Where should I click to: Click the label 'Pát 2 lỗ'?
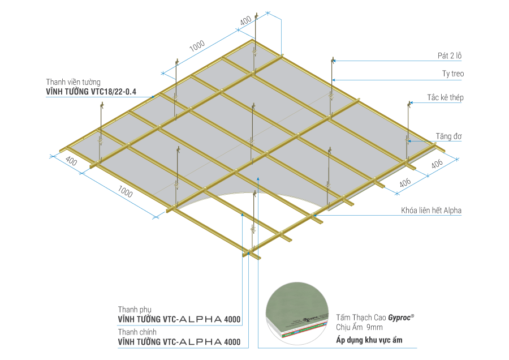tap(450, 55)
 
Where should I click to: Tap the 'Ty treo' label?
tap(453, 74)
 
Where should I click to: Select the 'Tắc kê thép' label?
tap(445, 97)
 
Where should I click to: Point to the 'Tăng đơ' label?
tap(448, 136)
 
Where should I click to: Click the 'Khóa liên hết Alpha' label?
tap(431, 210)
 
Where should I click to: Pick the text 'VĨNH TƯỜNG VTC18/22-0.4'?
tap(91, 92)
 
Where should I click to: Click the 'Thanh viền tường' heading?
tap(73, 82)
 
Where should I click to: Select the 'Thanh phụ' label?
tap(135, 310)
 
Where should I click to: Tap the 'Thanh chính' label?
tap(137, 332)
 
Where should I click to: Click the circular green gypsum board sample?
tap(297, 313)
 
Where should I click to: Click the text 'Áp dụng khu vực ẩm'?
tap(369, 340)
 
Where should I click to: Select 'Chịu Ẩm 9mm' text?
tap(359, 327)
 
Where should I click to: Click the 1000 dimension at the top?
tap(197, 46)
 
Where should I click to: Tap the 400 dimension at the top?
tap(246, 20)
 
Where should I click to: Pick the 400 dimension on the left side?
tap(71, 161)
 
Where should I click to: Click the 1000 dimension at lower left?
tap(125, 191)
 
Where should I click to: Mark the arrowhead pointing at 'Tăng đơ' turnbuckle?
tap(409, 141)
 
